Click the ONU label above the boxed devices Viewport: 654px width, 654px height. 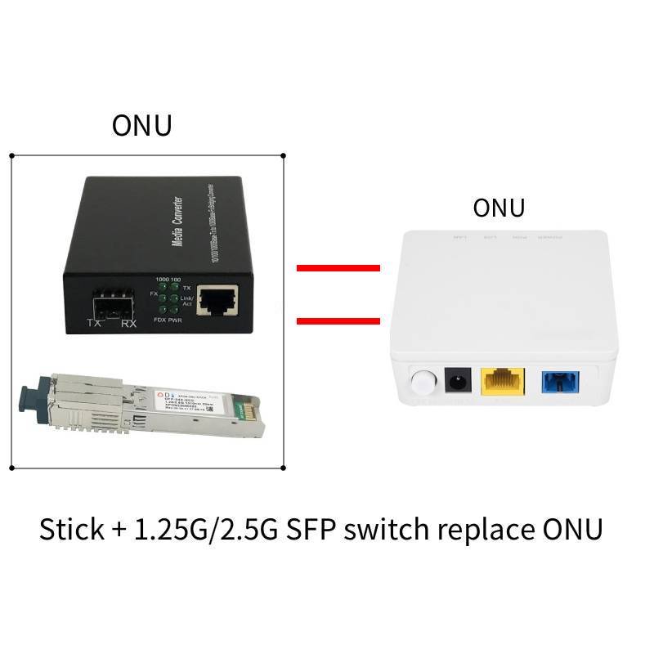142,126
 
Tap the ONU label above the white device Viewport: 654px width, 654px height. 499,208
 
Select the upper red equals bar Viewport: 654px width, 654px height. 338,267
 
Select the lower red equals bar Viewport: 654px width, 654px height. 338,320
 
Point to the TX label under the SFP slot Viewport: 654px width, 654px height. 95,325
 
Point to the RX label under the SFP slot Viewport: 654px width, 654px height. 128,325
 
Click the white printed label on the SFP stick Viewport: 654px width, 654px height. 189,401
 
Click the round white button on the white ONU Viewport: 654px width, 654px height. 422,382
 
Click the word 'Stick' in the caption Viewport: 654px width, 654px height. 70,529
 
